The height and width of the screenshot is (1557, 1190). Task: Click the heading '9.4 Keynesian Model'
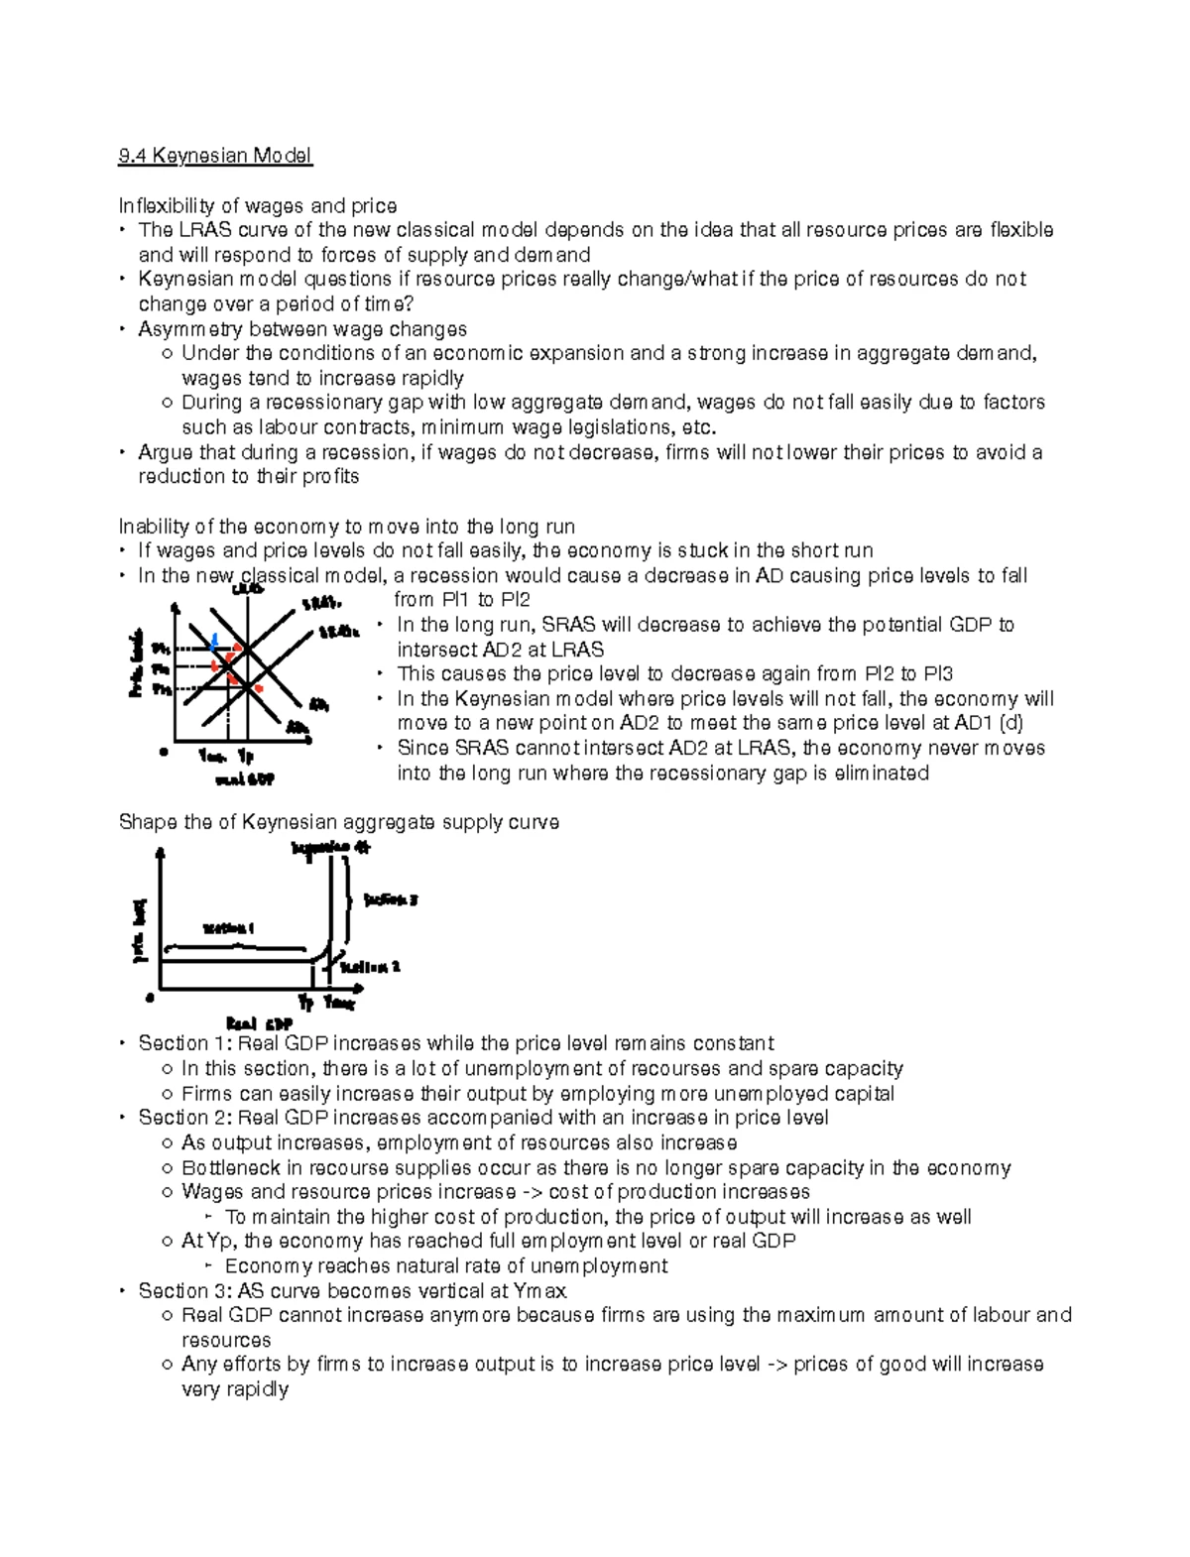click(214, 156)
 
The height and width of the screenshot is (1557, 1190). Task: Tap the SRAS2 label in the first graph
click(338, 632)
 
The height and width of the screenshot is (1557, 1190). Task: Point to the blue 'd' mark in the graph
click(214, 641)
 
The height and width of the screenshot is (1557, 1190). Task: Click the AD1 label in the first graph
click(318, 705)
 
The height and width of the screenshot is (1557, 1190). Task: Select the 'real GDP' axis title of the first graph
click(245, 780)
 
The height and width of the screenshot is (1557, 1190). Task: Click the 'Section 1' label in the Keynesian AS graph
click(228, 929)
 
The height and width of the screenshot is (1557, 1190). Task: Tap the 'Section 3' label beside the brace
click(390, 900)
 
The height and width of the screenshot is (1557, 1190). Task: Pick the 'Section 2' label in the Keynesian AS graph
click(370, 967)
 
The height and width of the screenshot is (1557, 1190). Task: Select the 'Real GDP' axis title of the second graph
click(259, 1024)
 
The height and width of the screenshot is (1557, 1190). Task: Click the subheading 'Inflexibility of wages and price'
click(257, 205)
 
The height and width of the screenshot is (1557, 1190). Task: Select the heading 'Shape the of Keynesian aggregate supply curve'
click(338, 822)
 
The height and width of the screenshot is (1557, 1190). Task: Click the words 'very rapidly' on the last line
click(235, 1388)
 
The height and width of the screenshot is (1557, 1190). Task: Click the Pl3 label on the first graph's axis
click(161, 687)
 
